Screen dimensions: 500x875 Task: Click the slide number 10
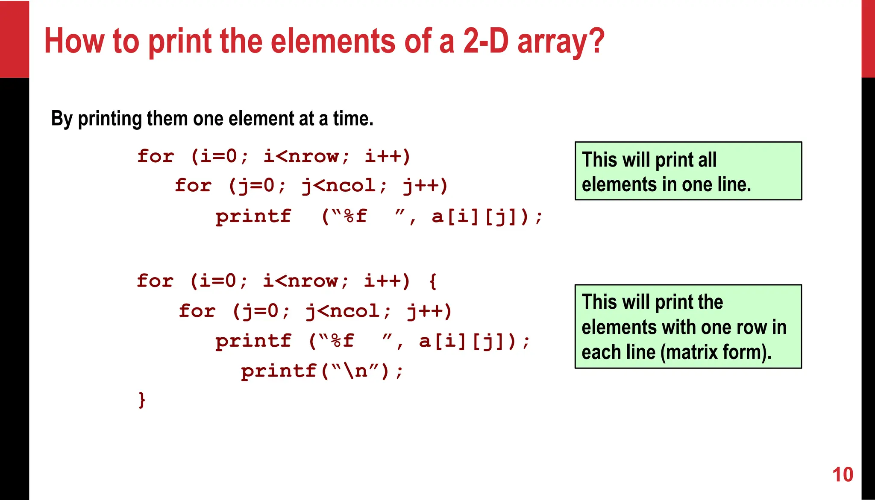tap(843, 475)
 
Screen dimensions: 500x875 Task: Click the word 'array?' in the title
tap(561, 42)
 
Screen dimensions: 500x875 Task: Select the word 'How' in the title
tap(74, 41)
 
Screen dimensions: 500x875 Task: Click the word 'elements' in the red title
tap(333, 41)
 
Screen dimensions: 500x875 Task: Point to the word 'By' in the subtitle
tap(62, 119)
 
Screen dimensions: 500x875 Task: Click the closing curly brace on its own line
tap(142, 400)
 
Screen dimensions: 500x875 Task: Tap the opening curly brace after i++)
tap(432, 281)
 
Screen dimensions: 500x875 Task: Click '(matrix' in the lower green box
tap(688, 352)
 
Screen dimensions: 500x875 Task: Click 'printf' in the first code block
tap(253, 216)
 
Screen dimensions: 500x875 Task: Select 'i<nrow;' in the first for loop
tap(306, 156)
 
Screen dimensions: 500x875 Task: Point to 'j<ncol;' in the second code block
tap(348, 311)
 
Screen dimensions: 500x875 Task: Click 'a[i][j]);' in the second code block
tap(475, 341)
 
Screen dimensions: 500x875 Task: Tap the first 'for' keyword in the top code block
tap(156, 156)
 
